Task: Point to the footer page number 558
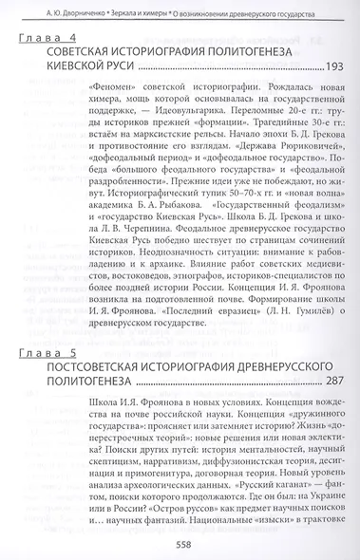(x=183, y=545)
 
